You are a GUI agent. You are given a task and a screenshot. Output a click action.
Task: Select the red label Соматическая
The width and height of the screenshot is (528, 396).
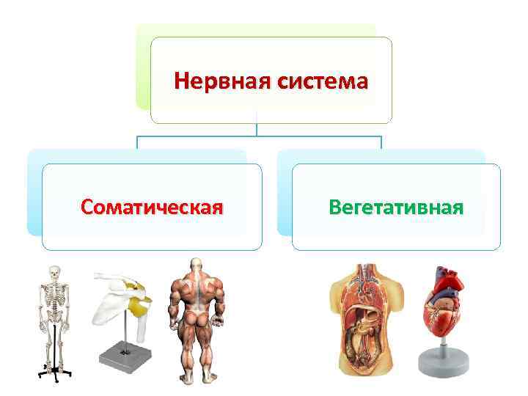coord(152,207)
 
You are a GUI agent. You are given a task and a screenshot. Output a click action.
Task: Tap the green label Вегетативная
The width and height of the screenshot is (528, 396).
coord(396,207)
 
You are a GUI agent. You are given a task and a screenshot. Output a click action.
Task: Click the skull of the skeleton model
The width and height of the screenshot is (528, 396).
coord(52,274)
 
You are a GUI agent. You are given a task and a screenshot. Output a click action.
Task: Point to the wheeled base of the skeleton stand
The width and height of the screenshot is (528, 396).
coord(52,373)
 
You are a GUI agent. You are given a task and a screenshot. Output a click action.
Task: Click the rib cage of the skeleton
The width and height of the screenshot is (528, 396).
coord(52,297)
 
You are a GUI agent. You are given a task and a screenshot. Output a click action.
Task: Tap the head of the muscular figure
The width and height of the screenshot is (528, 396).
coord(195,265)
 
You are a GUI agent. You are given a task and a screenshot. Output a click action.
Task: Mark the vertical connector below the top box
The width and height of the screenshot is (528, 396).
coord(257,129)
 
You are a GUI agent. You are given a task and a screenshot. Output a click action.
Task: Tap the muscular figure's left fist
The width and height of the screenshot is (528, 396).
coord(175,323)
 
